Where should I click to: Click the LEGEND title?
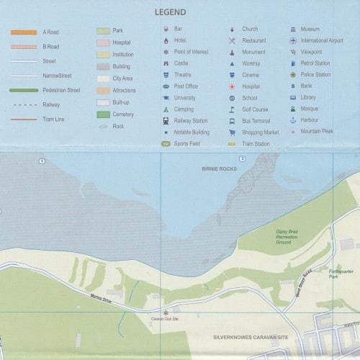click(170, 12)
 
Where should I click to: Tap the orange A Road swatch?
click(24, 32)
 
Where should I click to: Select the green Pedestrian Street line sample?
click(24, 90)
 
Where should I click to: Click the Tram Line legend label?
click(54, 119)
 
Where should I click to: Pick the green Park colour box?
click(103, 31)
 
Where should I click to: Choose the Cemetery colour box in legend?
click(103, 114)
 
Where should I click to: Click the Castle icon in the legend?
click(166, 63)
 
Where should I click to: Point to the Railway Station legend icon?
click(166, 121)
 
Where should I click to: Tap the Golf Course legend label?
click(254, 109)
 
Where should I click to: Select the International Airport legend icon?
click(293, 40)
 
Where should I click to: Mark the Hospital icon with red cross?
click(232, 86)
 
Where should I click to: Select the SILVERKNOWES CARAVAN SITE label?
click(246, 336)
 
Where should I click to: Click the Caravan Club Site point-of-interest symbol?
click(166, 312)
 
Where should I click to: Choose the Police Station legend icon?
click(293, 75)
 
